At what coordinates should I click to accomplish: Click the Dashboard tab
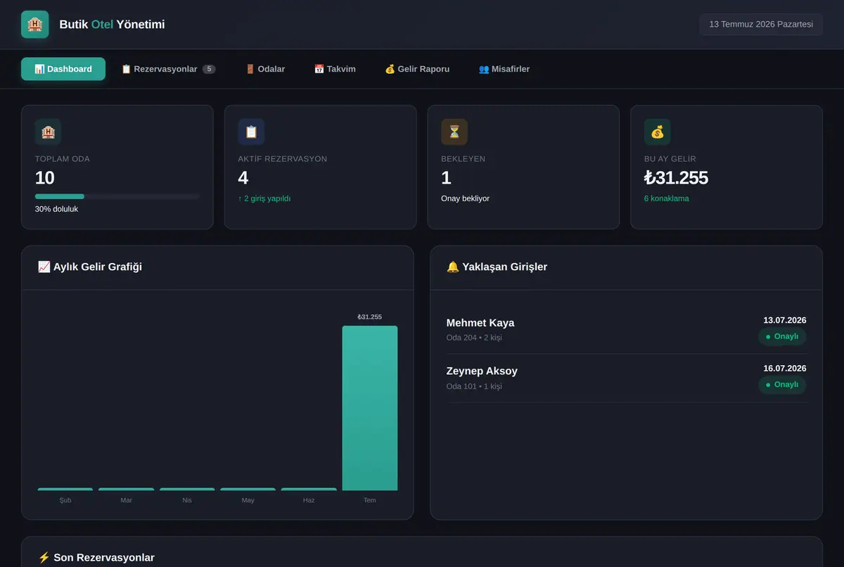(63, 69)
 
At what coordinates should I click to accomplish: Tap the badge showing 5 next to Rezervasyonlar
(209, 69)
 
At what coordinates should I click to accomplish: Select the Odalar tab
(265, 69)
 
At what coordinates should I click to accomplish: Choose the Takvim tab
(335, 69)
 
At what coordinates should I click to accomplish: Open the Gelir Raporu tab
(417, 69)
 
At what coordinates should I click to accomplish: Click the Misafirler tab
(504, 69)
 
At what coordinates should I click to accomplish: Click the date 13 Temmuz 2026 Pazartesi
(761, 25)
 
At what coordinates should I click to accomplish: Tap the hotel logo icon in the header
(35, 25)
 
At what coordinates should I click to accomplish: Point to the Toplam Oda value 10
(45, 178)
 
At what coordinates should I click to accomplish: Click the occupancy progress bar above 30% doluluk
(117, 196)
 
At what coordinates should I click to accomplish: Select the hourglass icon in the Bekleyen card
(454, 132)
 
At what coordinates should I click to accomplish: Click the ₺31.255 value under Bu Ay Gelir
(676, 178)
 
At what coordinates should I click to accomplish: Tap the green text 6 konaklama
(666, 198)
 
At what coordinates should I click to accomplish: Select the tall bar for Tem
(370, 408)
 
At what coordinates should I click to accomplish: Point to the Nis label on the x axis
(187, 500)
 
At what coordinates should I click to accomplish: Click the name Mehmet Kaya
(480, 323)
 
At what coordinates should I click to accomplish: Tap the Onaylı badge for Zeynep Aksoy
(782, 385)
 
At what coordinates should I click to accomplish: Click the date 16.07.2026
(785, 369)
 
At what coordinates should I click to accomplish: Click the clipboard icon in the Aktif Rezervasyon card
(251, 132)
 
